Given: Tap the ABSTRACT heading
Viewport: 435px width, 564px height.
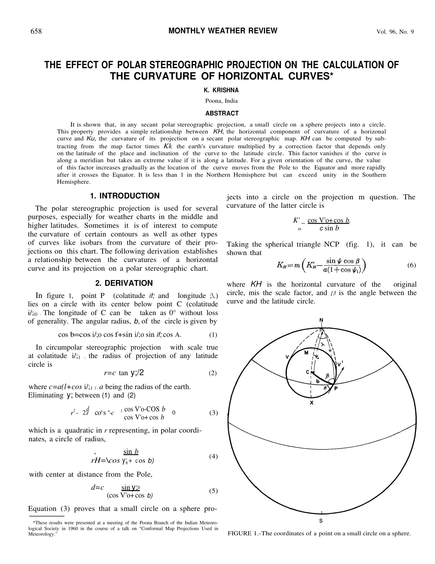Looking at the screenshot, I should pyautogui.click(x=222, y=113).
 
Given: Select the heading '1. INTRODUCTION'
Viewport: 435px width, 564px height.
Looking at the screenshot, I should pyautogui.click(x=125, y=196).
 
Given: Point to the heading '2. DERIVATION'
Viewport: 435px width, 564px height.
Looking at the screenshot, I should pyautogui.click(x=124, y=283).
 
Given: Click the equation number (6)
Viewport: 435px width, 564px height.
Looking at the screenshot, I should pyautogui.click(x=412, y=265).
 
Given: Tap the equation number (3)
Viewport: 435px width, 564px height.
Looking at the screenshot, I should pyautogui.click(x=213, y=413).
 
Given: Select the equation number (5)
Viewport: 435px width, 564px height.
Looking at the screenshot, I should pyautogui.click(x=213, y=491).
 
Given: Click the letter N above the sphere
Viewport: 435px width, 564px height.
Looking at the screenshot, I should pyautogui.click(x=321, y=320).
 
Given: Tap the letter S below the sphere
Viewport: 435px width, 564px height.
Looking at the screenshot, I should pyautogui.click(x=321, y=521).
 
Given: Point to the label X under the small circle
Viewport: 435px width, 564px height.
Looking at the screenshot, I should pyautogui.click(x=311, y=403).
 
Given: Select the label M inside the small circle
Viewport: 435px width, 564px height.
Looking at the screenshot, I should pyautogui.click(x=307, y=353).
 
